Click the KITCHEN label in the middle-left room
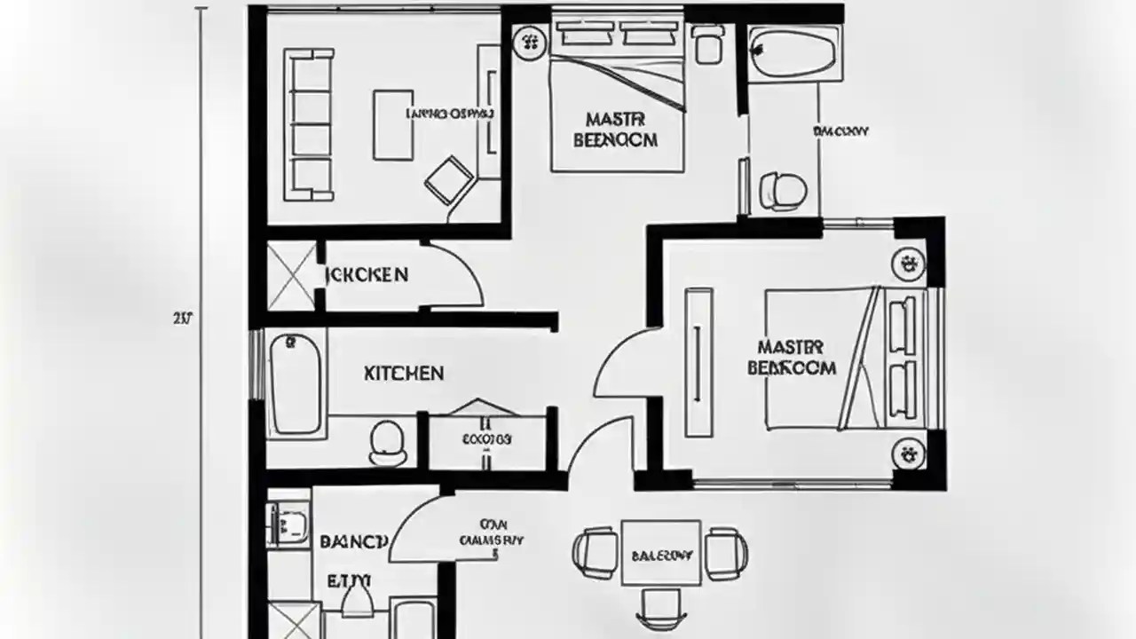[404, 373]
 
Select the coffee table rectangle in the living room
[393, 124]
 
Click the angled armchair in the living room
[449, 180]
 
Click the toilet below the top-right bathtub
[783, 190]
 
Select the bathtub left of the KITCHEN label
[295, 383]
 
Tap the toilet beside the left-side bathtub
[387, 441]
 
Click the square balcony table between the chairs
[661, 553]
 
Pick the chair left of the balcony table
[594, 551]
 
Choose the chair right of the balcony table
[726, 552]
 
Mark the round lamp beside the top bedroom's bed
[530, 41]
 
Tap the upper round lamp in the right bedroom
[907, 263]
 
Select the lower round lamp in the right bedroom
[907, 454]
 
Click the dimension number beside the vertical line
[183, 317]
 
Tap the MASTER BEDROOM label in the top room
[616, 130]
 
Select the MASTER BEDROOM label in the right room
[792, 357]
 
